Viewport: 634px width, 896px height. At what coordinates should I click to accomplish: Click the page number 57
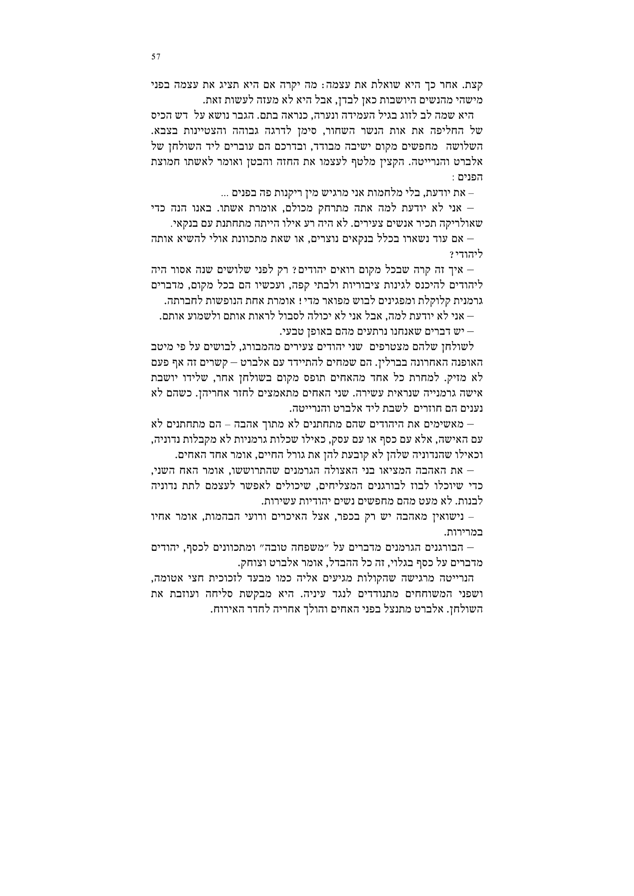156,57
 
